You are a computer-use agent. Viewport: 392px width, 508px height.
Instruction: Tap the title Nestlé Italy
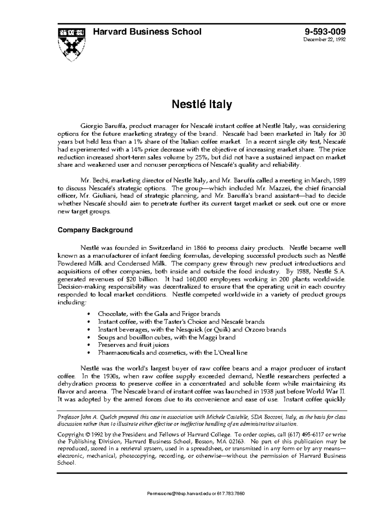(202, 104)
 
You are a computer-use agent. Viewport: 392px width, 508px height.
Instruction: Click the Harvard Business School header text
(147, 32)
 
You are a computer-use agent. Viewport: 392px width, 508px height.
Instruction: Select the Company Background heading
(95, 230)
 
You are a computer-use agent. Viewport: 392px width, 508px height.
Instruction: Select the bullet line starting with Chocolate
(159, 314)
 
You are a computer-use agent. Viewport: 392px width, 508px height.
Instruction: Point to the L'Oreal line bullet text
(172, 353)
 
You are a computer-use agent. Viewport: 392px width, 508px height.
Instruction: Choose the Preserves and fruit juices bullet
(133, 345)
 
